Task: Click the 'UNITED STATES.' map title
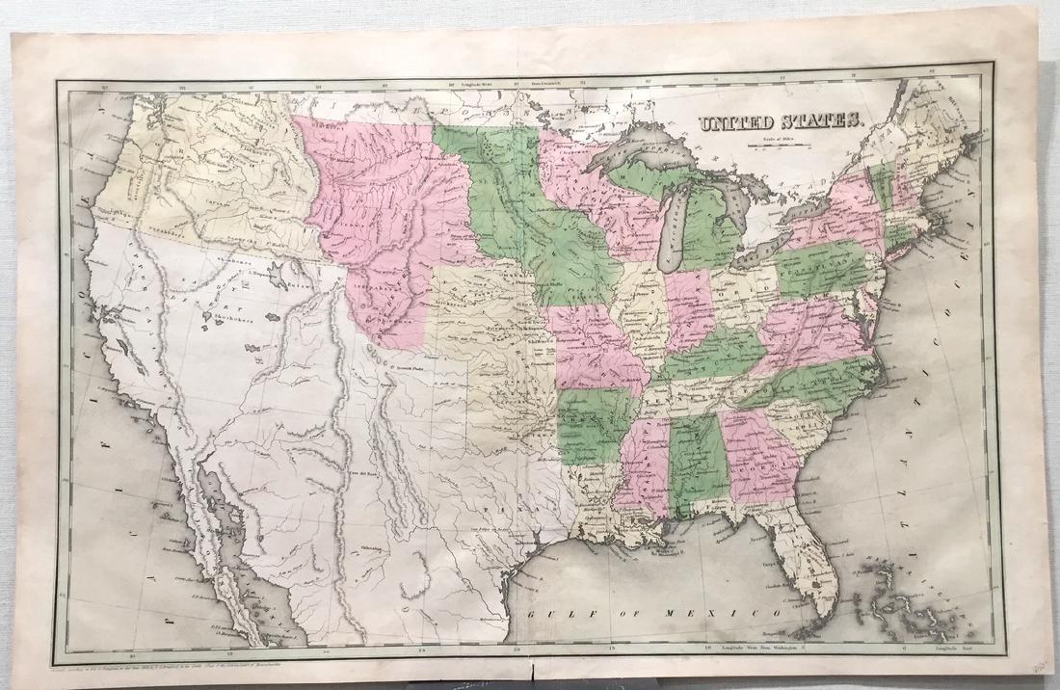point(779,122)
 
